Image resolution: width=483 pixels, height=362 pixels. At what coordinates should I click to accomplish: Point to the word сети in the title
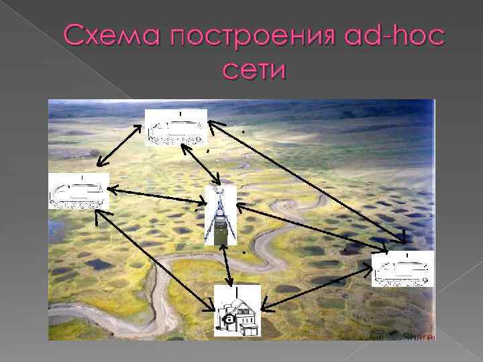tap(253, 69)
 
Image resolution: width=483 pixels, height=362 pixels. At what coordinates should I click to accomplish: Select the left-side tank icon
tap(78, 192)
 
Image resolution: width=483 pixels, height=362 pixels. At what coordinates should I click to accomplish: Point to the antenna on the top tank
tap(179, 113)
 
